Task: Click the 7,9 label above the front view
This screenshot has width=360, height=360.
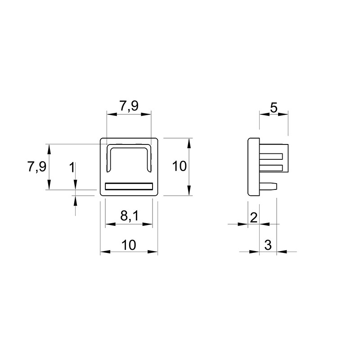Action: click(129, 106)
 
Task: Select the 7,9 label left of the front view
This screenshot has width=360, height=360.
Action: click(37, 166)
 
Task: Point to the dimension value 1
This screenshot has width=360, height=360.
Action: click(72, 167)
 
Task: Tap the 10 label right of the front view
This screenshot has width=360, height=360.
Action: click(179, 166)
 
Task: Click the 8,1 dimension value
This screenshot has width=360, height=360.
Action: click(130, 216)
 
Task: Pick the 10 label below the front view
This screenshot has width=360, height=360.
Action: click(129, 245)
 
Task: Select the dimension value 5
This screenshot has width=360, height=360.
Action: click(274, 108)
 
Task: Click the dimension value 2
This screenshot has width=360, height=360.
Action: click(254, 218)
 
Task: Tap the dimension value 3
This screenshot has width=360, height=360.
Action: click(268, 245)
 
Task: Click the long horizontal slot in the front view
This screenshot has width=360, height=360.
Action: click(129, 186)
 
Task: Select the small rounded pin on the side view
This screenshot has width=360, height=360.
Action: click(268, 186)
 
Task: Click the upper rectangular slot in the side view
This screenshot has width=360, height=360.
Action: click(271, 157)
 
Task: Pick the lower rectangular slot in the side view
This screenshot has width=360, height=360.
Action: click(271, 168)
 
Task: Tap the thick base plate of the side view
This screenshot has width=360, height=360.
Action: click(254, 167)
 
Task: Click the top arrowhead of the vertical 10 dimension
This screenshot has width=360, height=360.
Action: click(189, 143)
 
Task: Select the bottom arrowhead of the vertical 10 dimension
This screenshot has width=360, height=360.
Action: click(189, 190)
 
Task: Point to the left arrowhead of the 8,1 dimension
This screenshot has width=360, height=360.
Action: click(110, 224)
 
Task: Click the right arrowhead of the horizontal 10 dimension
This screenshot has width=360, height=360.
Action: click(153, 252)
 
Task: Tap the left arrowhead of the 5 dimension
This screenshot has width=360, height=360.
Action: click(265, 114)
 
